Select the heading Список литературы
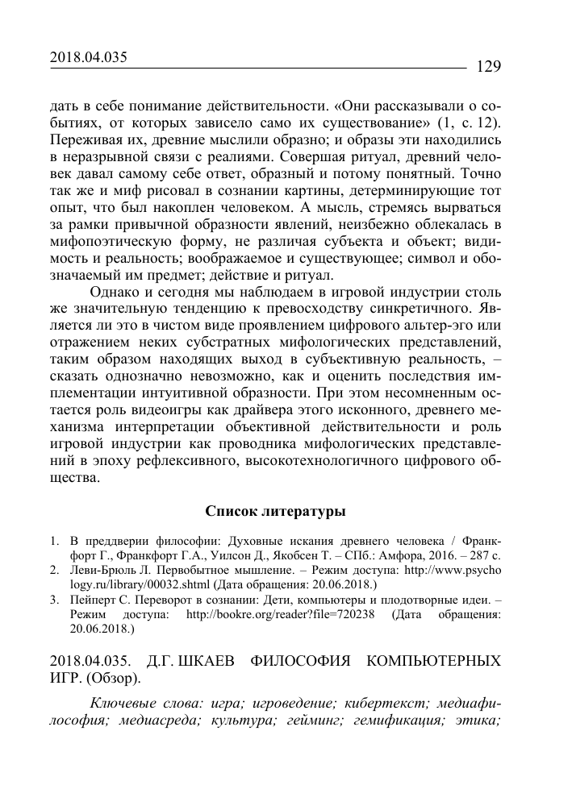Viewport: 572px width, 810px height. [x=274, y=511]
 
